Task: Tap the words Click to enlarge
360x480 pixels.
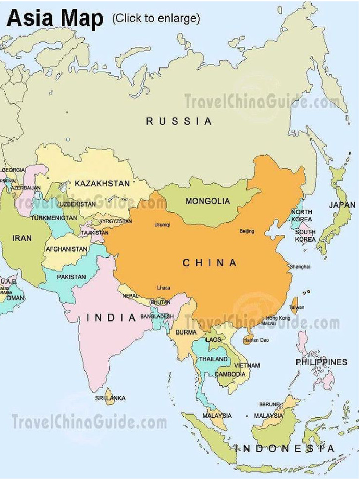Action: pos(156,18)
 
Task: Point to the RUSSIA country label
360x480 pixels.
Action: pos(179,121)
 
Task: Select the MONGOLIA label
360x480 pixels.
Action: pos(208,201)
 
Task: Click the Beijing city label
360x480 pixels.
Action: pos(247,231)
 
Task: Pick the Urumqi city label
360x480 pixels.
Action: pos(162,225)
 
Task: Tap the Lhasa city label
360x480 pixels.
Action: pos(164,288)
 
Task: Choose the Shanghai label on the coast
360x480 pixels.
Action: pos(300,266)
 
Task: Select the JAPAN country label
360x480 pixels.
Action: pos(342,205)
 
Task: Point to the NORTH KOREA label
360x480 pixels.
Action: pos(301,216)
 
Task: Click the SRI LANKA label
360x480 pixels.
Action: pos(110,398)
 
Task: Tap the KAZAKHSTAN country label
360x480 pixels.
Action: pos(102,183)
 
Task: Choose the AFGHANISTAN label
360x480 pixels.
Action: pos(67,249)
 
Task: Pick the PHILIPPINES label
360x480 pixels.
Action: pos(321,362)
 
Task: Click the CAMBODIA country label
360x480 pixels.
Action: pos(230,374)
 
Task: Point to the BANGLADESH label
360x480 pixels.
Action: pos(157,317)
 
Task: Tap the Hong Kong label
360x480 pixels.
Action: pos(278,318)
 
